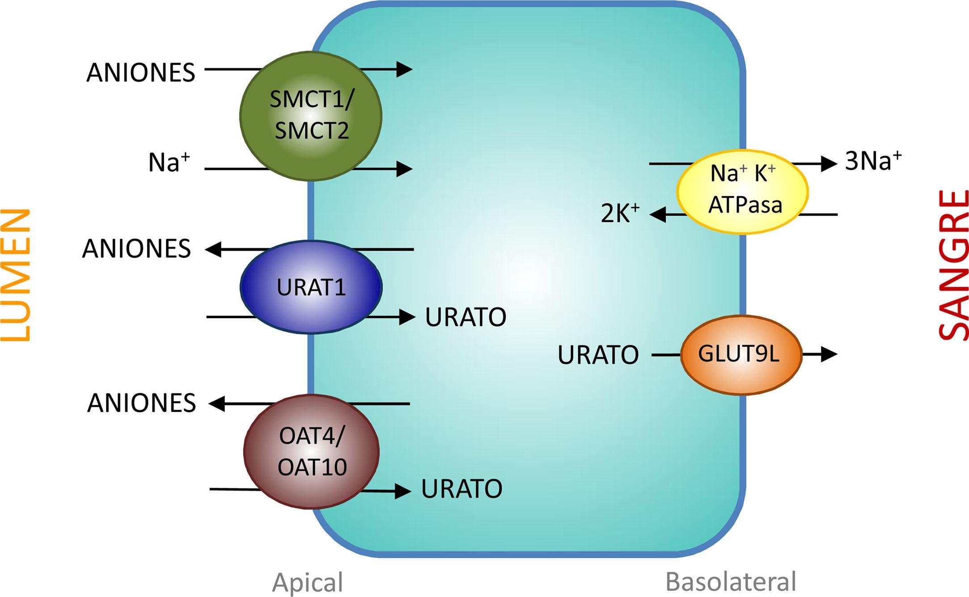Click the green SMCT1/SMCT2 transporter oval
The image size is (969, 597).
click(x=311, y=116)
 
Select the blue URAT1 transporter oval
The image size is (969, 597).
click(x=311, y=287)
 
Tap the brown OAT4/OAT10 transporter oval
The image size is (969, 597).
click(x=312, y=451)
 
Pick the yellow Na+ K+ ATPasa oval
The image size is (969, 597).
click(x=742, y=191)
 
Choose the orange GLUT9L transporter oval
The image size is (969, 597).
click(x=741, y=354)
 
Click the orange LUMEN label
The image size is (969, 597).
click(x=16, y=275)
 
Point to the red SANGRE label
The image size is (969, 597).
click(x=952, y=265)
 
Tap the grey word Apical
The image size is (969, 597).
click(x=308, y=582)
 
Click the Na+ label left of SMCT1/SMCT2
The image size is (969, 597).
click(x=169, y=162)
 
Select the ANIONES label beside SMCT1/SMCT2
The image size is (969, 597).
click(x=140, y=72)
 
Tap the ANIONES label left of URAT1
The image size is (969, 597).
click(x=136, y=248)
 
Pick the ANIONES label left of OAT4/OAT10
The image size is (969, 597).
click(x=141, y=403)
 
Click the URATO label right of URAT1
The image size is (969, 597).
click(x=465, y=317)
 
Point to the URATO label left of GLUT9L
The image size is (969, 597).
click(x=598, y=355)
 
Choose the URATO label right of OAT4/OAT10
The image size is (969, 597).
click(x=461, y=489)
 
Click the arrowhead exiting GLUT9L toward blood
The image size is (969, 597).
click(x=829, y=354)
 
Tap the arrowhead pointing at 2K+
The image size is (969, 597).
click(x=658, y=214)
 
